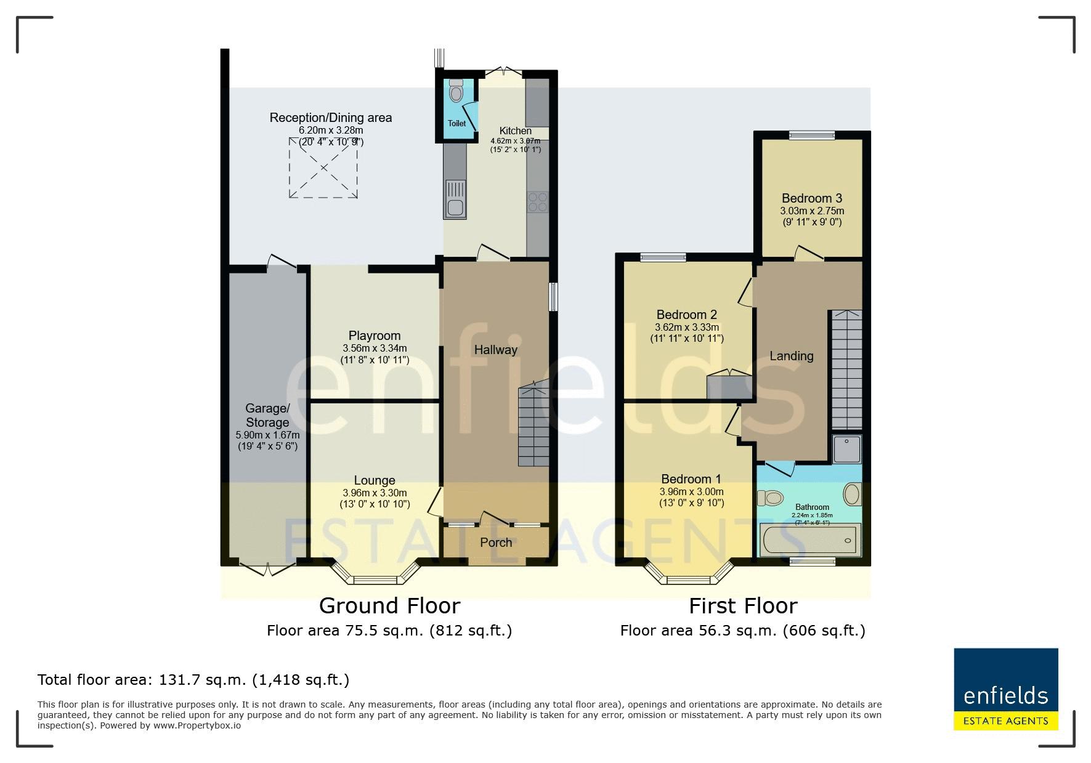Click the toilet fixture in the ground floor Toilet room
(x=456, y=91)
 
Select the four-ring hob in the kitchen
(x=537, y=203)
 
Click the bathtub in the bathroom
(x=809, y=540)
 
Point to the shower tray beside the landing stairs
(x=846, y=450)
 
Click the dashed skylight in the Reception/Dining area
(x=323, y=168)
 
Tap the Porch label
(x=496, y=543)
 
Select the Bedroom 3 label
(x=812, y=198)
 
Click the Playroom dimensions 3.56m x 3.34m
(x=375, y=349)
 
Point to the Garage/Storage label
(x=267, y=416)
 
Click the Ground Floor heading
(x=389, y=606)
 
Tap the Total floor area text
(x=193, y=680)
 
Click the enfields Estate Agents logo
(x=1006, y=689)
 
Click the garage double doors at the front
(x=267, y=569)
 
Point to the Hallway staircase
(x=533, y=425)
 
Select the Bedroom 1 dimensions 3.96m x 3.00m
(x=691, y=492)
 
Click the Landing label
(x=792, y=356)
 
